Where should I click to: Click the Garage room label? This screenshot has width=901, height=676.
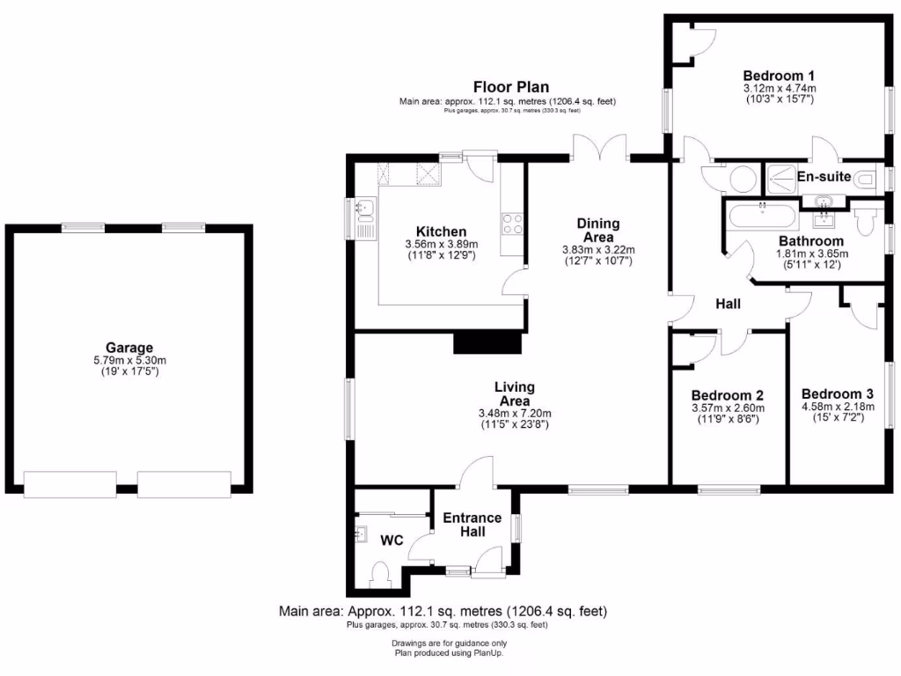tap(129, 348)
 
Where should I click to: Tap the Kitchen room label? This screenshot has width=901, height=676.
tap(442, 231)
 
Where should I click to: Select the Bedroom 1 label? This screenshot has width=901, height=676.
tap(779, 75)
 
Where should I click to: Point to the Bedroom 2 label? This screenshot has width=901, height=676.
tap(727, 395)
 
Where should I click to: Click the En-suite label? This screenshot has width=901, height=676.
tap(824, 177)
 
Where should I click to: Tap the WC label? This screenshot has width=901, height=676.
tap(392, 540)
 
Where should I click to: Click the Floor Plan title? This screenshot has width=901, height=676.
tap(511, 86)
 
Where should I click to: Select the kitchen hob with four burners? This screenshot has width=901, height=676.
tap(512, 224)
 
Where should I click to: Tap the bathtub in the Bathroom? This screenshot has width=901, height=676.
tap(762, 215)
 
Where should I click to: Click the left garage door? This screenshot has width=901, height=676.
tap(70, 483)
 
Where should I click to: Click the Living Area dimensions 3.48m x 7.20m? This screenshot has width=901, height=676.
tap(515, 413)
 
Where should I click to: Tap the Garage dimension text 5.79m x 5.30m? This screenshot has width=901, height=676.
tap(129, 360)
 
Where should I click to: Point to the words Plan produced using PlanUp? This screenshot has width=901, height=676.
tap(449, 653)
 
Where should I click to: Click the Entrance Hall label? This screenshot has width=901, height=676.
tap(472, 525)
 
